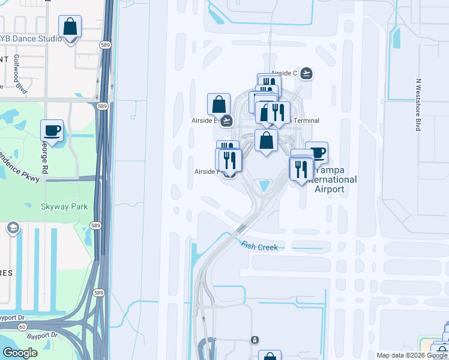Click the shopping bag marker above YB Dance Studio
pyautogui.click(x=70, y=27)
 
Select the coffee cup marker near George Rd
pyautogui.click(x=52, y=131)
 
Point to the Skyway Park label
pyautogui.click(x=64, y=206)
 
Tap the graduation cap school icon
pyautogui.click(x=13, y=228)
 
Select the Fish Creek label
pyautogui.click(x=260, y=245)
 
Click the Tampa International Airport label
pyautogui.click(x=330, y=179)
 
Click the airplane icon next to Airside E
pyautogui.click(x=226, y=121)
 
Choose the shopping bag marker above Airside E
pyautogui.click(x=218, y=104)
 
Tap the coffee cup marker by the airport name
pyautogui.click(x=316, y=152)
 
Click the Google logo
pyautogui.click(x=20, y=353)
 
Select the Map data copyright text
pyautogui.click(x=412, y=355)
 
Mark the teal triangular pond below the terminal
pyautogui.click(x=264, y=187)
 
